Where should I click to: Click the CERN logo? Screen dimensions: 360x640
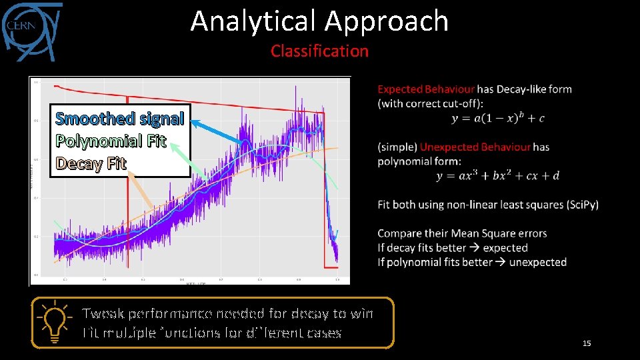[31, 29]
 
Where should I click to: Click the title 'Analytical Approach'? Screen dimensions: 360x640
[319, 21]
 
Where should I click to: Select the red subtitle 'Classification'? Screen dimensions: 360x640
[319, 51]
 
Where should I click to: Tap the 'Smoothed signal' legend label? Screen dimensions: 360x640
[119, 119]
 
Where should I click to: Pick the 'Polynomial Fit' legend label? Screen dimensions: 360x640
[111, 141]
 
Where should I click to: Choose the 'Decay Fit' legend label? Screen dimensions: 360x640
[91, 163]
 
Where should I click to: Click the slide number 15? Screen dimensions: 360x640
[587, 343]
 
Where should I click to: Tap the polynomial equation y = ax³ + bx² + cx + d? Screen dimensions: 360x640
[497, 175]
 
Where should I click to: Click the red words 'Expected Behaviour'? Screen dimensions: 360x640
[426, 89]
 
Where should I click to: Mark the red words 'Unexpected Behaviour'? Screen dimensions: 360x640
[475, 147]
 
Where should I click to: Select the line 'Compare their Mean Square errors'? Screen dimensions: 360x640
[462, 233]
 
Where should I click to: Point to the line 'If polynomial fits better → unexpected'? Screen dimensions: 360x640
[472, 262]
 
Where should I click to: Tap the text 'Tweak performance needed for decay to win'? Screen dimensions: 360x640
[227, 313]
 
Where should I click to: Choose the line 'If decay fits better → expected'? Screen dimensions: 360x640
[453, 248]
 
